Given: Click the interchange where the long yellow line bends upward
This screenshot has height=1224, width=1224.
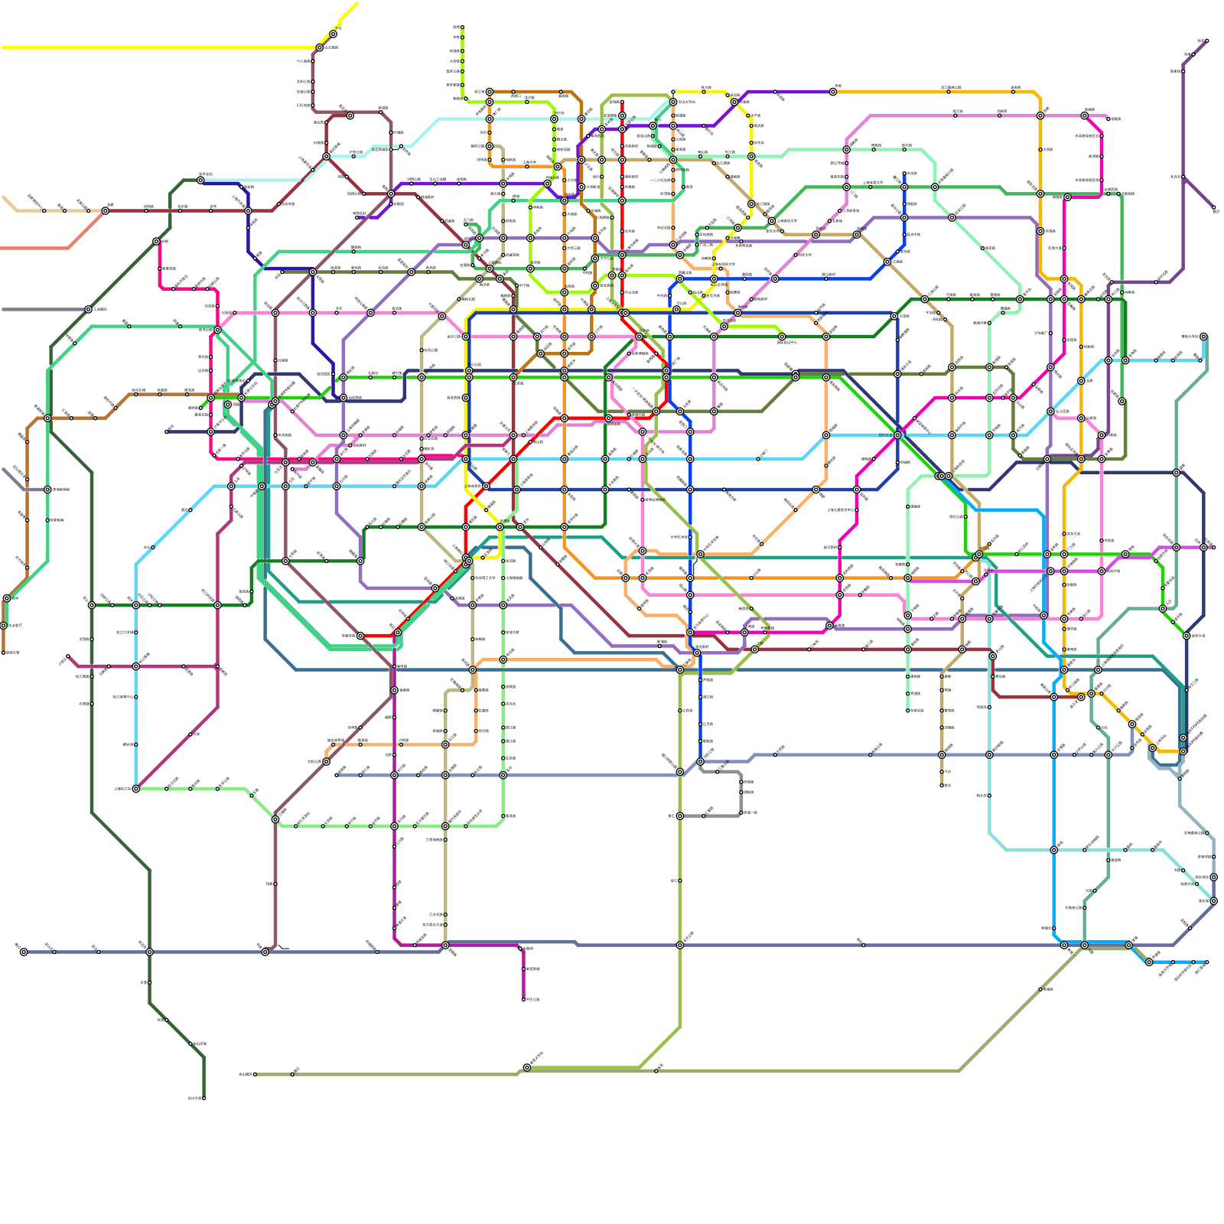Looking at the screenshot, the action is coord(320,47).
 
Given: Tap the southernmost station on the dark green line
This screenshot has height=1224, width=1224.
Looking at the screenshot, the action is coord(203,1098).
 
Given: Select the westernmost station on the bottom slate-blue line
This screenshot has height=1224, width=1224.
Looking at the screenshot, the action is coord(24,952).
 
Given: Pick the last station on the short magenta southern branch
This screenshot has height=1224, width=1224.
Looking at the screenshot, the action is coord(524,999).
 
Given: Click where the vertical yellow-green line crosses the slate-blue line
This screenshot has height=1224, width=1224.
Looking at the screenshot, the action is coord(679,945).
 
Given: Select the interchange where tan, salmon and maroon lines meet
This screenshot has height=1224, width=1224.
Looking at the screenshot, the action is coord(106,210).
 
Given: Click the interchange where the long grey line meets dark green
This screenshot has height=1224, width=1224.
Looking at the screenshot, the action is coord(89,309).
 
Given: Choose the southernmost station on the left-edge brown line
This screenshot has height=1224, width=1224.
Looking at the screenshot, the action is coord(4,653).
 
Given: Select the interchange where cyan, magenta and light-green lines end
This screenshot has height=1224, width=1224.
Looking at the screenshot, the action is coord(136,789).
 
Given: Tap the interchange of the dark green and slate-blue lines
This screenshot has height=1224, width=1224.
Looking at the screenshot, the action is coord(149,952).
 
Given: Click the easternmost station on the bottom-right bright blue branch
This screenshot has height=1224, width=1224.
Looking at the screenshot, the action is coord(1206,962).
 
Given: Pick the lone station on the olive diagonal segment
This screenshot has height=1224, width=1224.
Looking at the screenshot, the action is coord(1040,989).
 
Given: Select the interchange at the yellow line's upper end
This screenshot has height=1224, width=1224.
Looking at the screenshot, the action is coord(334,34).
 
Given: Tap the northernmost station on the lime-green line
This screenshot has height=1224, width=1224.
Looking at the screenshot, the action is coord(462,28).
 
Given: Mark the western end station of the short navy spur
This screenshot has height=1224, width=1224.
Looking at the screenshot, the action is coord(167,431).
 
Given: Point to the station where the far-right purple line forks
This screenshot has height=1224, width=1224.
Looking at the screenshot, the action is coord(1183,177).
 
